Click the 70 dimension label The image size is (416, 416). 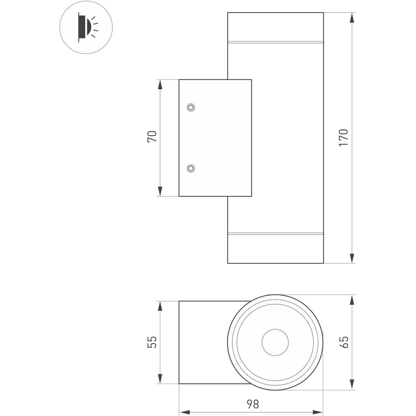152,136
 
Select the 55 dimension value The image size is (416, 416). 152,342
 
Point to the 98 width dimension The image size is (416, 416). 253,404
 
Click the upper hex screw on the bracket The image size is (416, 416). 191,107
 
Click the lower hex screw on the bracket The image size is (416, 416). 191,168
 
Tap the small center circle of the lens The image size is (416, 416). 275,342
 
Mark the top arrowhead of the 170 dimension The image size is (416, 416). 352,17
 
